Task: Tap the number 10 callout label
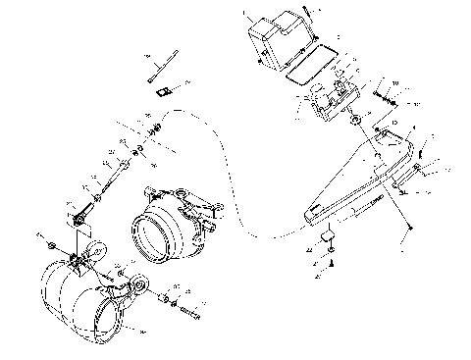click(x=395, y=82)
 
